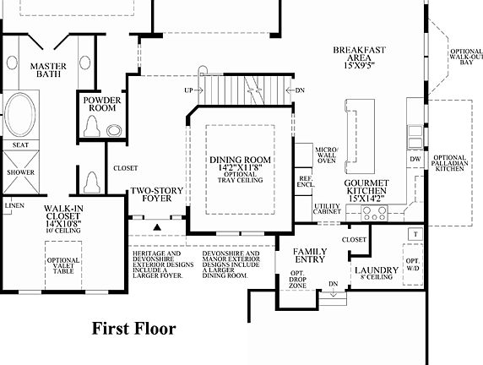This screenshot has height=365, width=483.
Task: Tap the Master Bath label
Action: (x=48, y=72)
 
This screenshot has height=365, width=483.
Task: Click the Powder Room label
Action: (x=101, y=104)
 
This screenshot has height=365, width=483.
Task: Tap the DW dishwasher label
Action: (x=414, y=158)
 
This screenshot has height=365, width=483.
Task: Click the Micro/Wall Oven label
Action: (x=327, y=155)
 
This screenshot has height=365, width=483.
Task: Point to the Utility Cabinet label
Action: (x=328, y=210)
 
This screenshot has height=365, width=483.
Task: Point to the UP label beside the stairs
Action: (x=189, y=90)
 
